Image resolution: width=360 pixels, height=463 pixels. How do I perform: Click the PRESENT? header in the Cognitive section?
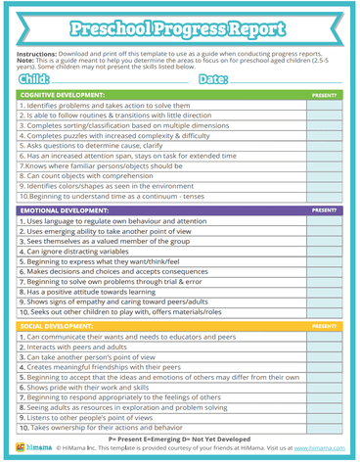pyautogui.click(x=323, y=95)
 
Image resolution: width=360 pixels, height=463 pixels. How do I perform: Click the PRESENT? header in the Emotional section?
pyautogui.click(x=323, y=209)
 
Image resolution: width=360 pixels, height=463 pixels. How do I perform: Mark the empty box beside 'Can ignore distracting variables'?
pyautogui.click(x=323, y=252)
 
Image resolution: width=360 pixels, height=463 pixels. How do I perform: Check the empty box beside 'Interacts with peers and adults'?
pyautogui.click(x=323, y=347)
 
